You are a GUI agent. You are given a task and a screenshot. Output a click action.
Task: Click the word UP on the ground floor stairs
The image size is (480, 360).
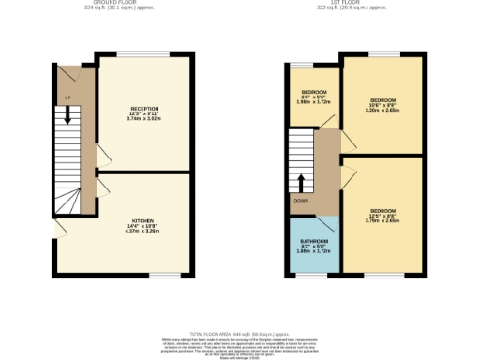(67, 97)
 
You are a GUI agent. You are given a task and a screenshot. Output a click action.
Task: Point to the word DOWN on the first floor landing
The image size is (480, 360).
(301, 200)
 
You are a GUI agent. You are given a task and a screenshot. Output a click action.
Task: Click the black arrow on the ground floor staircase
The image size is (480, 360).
(67, 115)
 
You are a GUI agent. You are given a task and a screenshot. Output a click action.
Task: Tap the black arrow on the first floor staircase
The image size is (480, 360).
(301, 181)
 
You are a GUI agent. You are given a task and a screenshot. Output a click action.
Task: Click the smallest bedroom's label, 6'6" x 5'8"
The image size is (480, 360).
(306, 98)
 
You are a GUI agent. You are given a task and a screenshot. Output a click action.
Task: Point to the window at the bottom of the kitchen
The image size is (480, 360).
(165, 275)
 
